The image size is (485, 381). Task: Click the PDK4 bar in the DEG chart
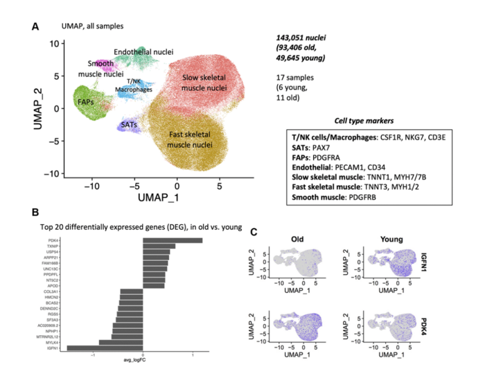click(x=173, y=241)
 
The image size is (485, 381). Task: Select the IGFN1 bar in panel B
click(x=105, y=348)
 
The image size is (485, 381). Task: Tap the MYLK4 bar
click(x=121, y=341)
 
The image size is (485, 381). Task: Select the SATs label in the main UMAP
click(x=128, y=124)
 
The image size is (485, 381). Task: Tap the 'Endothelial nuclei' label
click(x=143, y=52)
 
